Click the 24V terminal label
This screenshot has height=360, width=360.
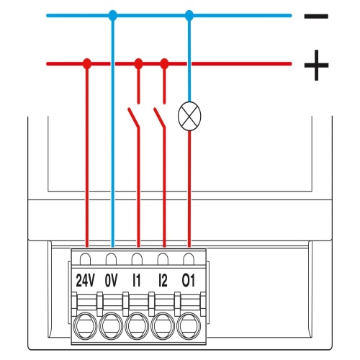[86, 280]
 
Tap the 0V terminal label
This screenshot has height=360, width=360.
[111, 280]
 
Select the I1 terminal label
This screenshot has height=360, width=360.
[137, 280]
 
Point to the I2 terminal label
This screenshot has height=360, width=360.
[163, 280]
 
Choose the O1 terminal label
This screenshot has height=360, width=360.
[189, 280]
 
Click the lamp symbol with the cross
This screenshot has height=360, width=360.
[189, 116]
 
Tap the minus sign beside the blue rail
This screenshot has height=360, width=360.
[316, 16]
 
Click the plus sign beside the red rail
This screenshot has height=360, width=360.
[316, 65]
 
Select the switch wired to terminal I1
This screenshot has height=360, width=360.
[134, 117]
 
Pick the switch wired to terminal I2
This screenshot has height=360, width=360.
[160, 117]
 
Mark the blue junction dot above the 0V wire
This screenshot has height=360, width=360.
[113, 16]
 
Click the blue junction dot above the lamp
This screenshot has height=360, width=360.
[189, 16]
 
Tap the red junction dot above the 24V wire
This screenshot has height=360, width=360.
[87, 63]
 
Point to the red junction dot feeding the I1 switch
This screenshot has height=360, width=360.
[138, 63]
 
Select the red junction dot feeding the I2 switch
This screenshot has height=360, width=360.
[164, 63]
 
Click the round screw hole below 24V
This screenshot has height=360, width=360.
[86, 325]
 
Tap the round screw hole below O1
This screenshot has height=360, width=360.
[189, 325]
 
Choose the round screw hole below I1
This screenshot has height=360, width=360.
[137, 325]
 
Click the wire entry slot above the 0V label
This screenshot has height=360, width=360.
[111, 258]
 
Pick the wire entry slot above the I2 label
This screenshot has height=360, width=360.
[163, 258]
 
